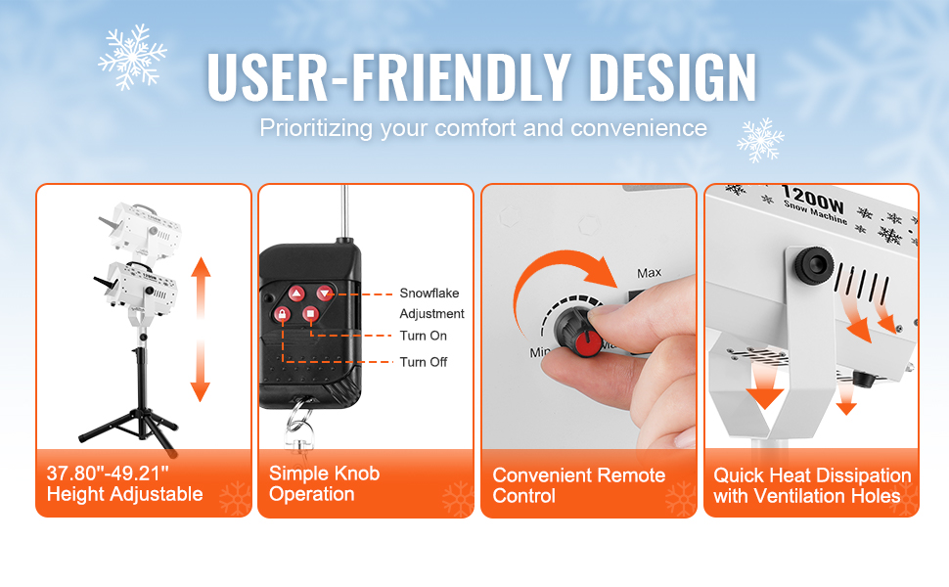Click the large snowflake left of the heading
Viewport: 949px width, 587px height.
(132, 57)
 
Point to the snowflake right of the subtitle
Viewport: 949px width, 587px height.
(760, 140)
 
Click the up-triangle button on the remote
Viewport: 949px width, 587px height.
(296, 294)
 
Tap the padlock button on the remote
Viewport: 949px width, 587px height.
(282, 313)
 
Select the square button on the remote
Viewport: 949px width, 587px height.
(310, 313)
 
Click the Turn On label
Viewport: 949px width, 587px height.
(423, 336)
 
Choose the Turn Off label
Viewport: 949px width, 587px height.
(423, 362)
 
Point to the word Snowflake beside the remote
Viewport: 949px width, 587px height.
(429, 293)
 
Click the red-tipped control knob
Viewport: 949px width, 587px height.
(578, 332)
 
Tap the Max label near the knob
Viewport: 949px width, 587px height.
(649, 273)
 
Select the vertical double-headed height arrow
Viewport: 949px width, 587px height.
(201, 330)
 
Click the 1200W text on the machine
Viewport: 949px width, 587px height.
(812, 198)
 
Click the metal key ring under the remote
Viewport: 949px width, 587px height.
(298, 417)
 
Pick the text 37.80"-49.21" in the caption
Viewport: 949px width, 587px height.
(108, 473)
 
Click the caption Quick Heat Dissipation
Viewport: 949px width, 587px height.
(812, 475)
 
